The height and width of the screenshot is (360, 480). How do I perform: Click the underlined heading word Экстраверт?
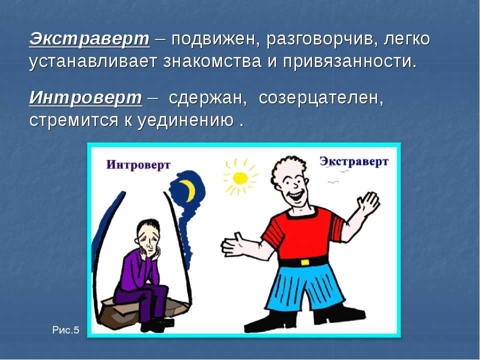coord(89,39)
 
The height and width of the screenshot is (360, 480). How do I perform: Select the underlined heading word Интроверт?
coord(85,97)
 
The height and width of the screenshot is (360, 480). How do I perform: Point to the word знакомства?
coord(212,61)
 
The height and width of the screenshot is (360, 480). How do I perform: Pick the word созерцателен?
coord(321,98)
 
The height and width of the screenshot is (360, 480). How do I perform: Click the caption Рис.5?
coord(65,330)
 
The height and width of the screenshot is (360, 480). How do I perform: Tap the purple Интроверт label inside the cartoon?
coord(138,164)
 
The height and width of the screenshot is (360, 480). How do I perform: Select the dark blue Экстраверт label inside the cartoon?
coord(354,161)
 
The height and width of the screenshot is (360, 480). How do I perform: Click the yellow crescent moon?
coord(188,190)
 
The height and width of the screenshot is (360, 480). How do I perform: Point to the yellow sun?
coord(240,177)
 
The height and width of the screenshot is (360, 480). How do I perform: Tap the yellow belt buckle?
coord(304,262)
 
